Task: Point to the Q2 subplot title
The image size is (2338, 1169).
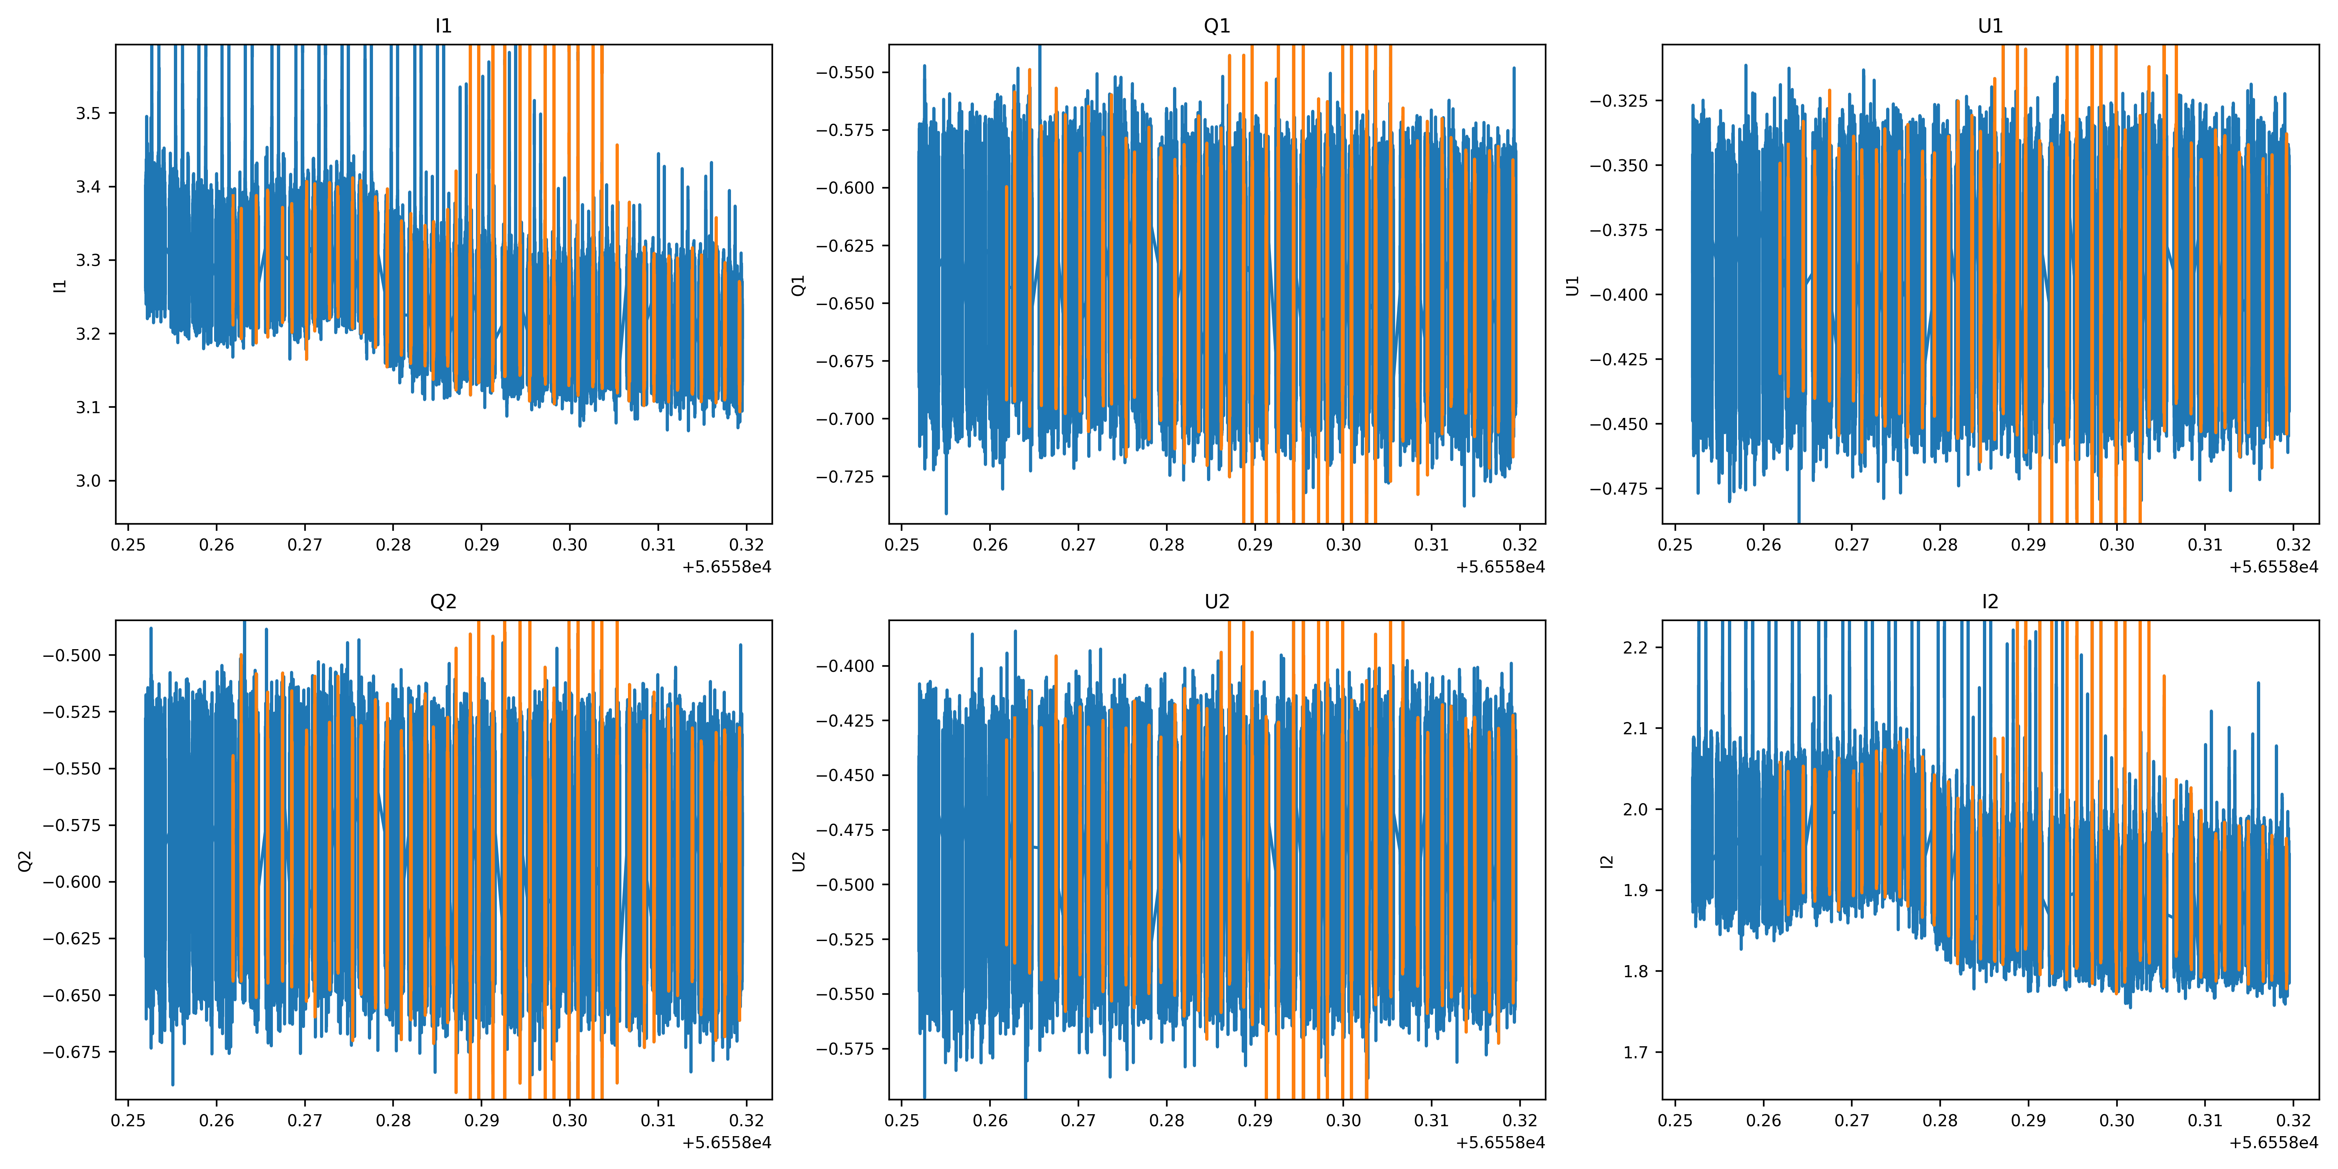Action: [x=443, y=602]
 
